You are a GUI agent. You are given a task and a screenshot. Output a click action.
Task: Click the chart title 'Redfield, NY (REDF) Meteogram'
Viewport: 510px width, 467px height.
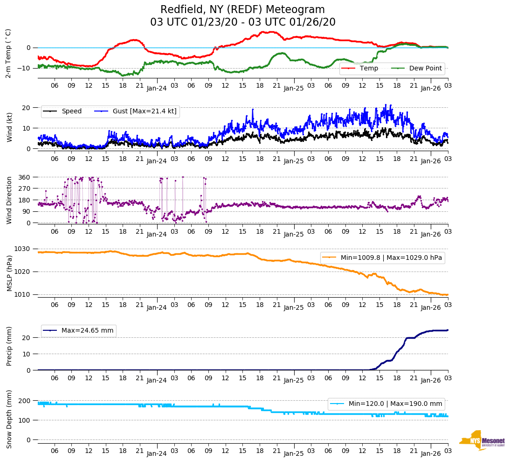click(242, 10)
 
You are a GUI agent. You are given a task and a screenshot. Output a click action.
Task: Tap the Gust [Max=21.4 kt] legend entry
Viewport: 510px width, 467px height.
click(145, 111)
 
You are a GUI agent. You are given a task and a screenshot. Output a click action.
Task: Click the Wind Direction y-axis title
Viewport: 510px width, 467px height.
click(9, 200)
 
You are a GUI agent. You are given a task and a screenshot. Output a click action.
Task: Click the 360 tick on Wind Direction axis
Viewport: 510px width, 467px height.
click(25, 177)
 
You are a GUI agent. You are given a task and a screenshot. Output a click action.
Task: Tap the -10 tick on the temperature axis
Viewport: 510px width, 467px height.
click(24, 68)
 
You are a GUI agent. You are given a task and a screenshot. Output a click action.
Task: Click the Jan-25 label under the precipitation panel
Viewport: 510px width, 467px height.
click(294, 380)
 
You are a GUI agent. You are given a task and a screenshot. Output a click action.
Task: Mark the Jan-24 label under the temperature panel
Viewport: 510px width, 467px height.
click(157, 88)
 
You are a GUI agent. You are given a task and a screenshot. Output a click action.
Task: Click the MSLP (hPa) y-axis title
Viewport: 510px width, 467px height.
click(9, 273)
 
